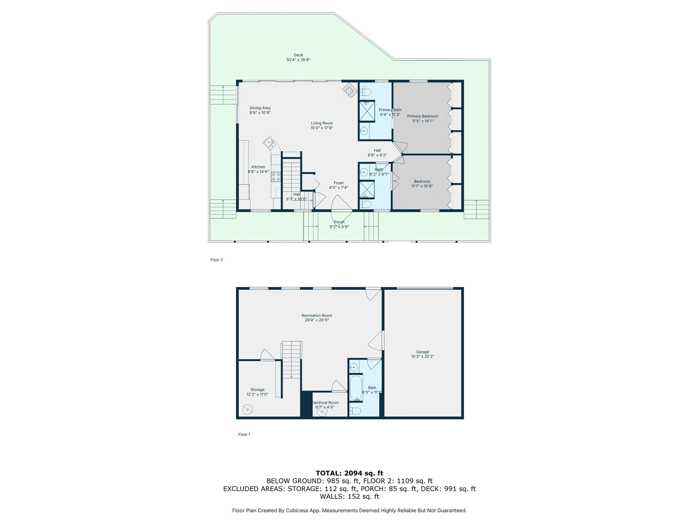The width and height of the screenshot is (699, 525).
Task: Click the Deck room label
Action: [x=298, y=55]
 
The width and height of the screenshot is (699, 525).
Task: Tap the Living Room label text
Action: [x=322, y=123]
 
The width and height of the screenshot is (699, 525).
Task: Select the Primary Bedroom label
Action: [x=422, y=116]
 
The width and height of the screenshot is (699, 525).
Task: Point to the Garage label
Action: [x=422, y=352]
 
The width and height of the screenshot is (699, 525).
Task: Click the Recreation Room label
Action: [x=317, y=316]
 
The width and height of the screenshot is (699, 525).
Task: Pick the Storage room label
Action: [x=257, y=390]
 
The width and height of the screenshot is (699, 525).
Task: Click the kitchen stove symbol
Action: [x=276, y=177]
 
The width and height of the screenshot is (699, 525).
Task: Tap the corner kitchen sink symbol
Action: [x=270, y=143]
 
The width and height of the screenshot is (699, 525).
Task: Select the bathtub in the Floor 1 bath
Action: [x=356, y=388]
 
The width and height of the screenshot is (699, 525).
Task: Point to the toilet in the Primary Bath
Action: [x=365, y=93]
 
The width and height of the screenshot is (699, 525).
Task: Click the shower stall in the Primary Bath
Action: [x=367, y=111]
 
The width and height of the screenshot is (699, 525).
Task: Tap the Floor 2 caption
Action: [x=217, y=260]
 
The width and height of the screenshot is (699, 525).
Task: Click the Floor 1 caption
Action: [x=244, y=435]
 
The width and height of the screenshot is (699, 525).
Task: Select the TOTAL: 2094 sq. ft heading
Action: [x=349, y=473]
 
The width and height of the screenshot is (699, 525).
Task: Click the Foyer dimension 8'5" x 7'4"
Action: [x=339, y=188]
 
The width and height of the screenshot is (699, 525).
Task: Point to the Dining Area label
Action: [x=260, y=108]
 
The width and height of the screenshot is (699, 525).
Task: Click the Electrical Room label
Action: [x=325, y=403]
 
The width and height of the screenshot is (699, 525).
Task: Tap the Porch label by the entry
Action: [x=339, y=222]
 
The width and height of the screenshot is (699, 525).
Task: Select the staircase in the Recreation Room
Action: [x=291, y=359]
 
